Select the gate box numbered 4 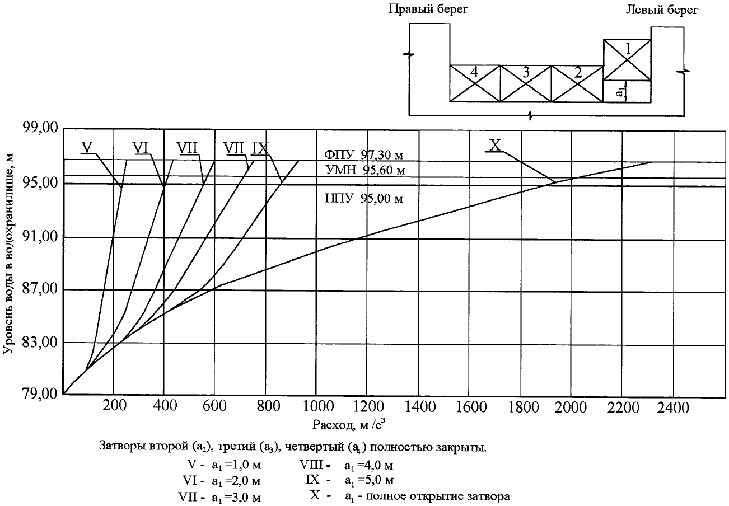point(475,83)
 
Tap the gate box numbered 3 point(526,83)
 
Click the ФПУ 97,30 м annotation point(364,154)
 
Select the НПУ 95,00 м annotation point(364,198)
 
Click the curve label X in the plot point(495,145)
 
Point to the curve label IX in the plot point(261,147)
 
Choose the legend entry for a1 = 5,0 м point(351,480)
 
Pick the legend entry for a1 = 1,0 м point(226,465)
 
